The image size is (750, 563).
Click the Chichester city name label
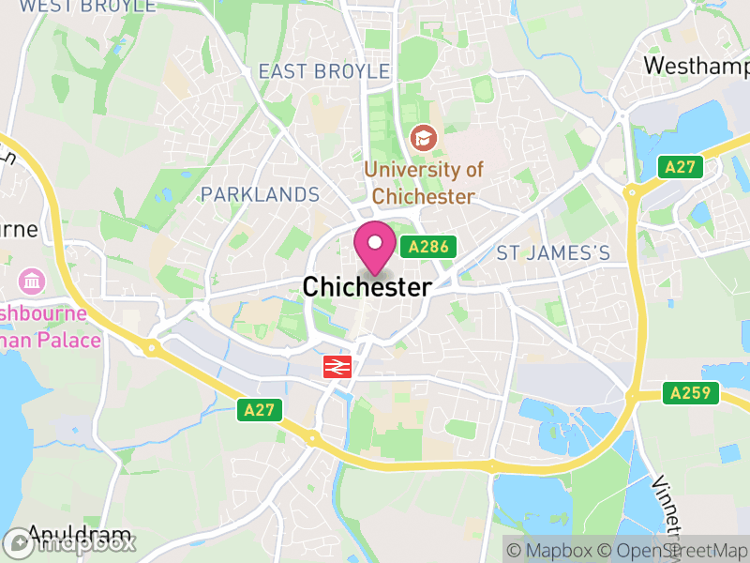click(367, 287)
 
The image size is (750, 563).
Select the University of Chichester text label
click(424, 183)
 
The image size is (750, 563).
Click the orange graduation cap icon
click(424, 139)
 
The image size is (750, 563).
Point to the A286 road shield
click(428, 247)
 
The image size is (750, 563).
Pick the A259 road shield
click(691, 393)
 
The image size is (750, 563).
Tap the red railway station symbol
click(337, 366)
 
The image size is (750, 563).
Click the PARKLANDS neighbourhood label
click(261, 195)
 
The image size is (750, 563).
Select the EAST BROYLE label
click(323, 71)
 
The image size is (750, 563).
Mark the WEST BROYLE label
click(88, 7)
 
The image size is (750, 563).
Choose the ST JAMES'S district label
click(553, 252)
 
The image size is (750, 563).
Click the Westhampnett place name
click(697, 67)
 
